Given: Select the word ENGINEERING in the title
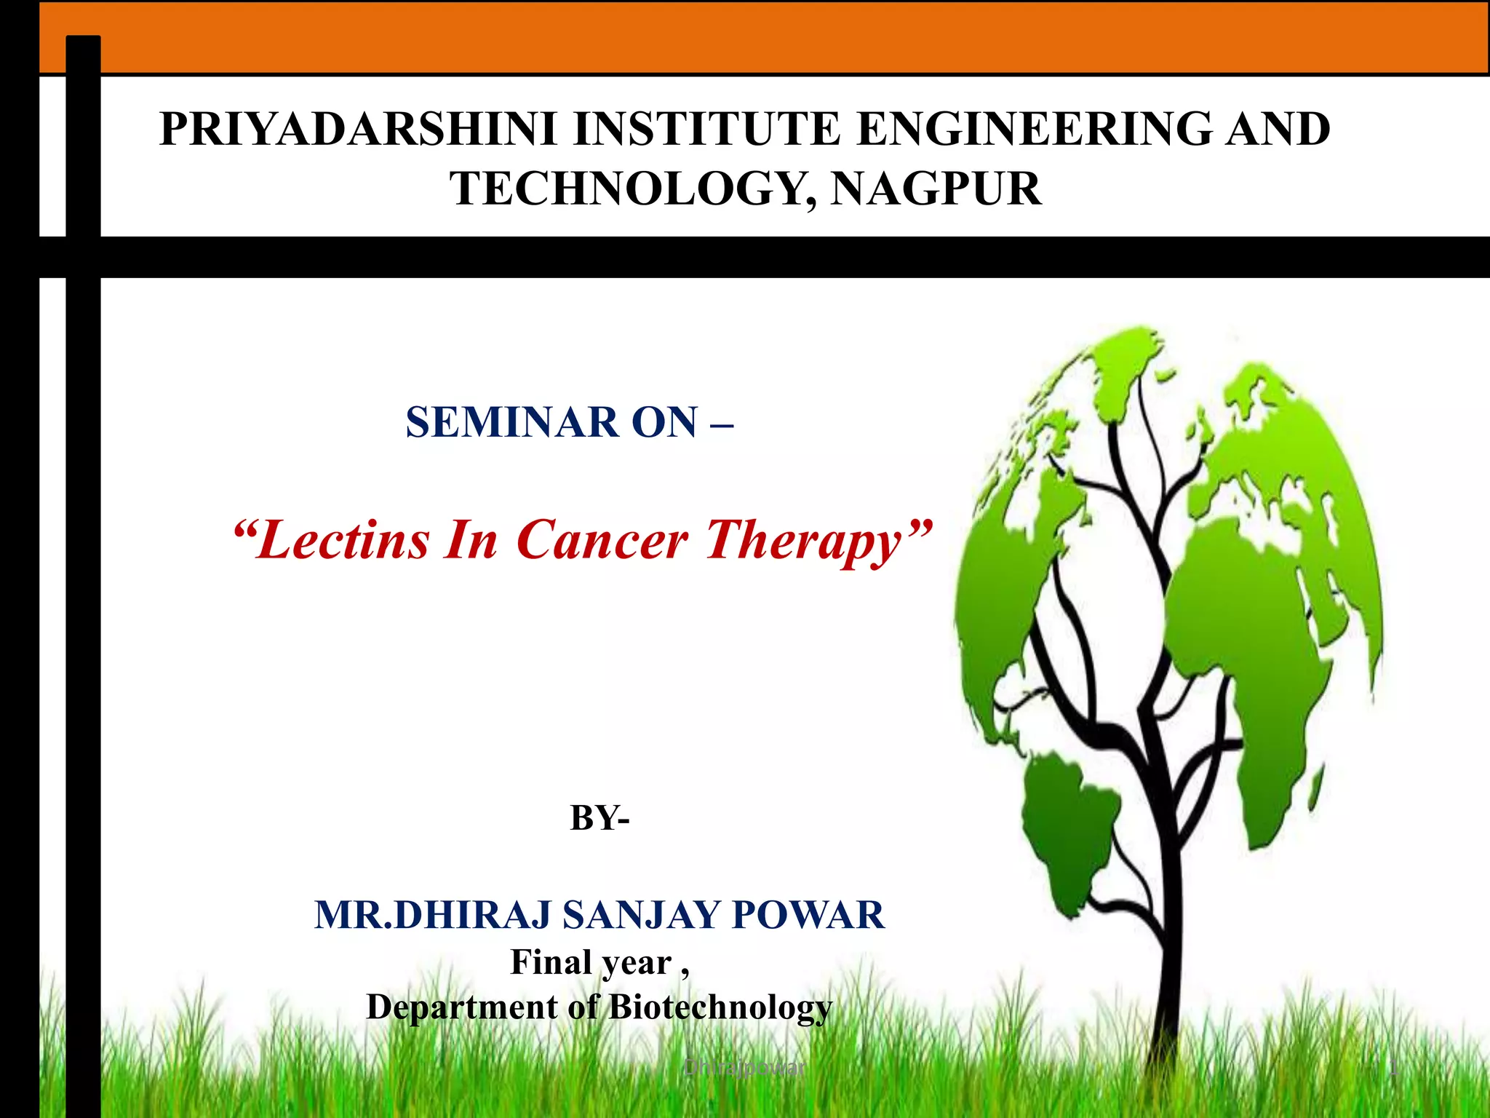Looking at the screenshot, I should pyautogui.click(x=1033, y=130).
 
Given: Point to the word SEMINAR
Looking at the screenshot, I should pyautogui.click(x=511, y=422).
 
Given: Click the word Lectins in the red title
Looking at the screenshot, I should pyautogui.click(x=342, y=540).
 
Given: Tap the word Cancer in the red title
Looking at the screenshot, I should pyautogui.click(x=602, y=540).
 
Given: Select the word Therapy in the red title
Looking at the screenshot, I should pyautogui.click(x=808, y=540).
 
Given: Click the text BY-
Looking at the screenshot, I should pyautogui.click(x=599, y=817).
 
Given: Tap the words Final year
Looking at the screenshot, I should pyautogui.click(x=591, y=962).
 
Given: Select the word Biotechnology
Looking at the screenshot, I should pyautogui.click(x=720, y=1007).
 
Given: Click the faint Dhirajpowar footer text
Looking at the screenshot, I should pyautogui.click(x=744, y=1068).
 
